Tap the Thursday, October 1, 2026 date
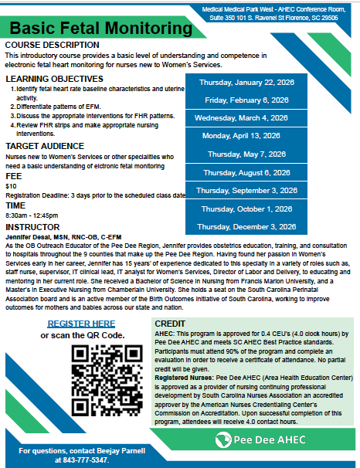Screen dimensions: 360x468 coord(245,209)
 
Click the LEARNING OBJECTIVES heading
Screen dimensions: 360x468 coord(54,79)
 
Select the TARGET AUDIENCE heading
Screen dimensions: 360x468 coord(47,145)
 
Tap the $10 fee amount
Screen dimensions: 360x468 coord(11,186)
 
